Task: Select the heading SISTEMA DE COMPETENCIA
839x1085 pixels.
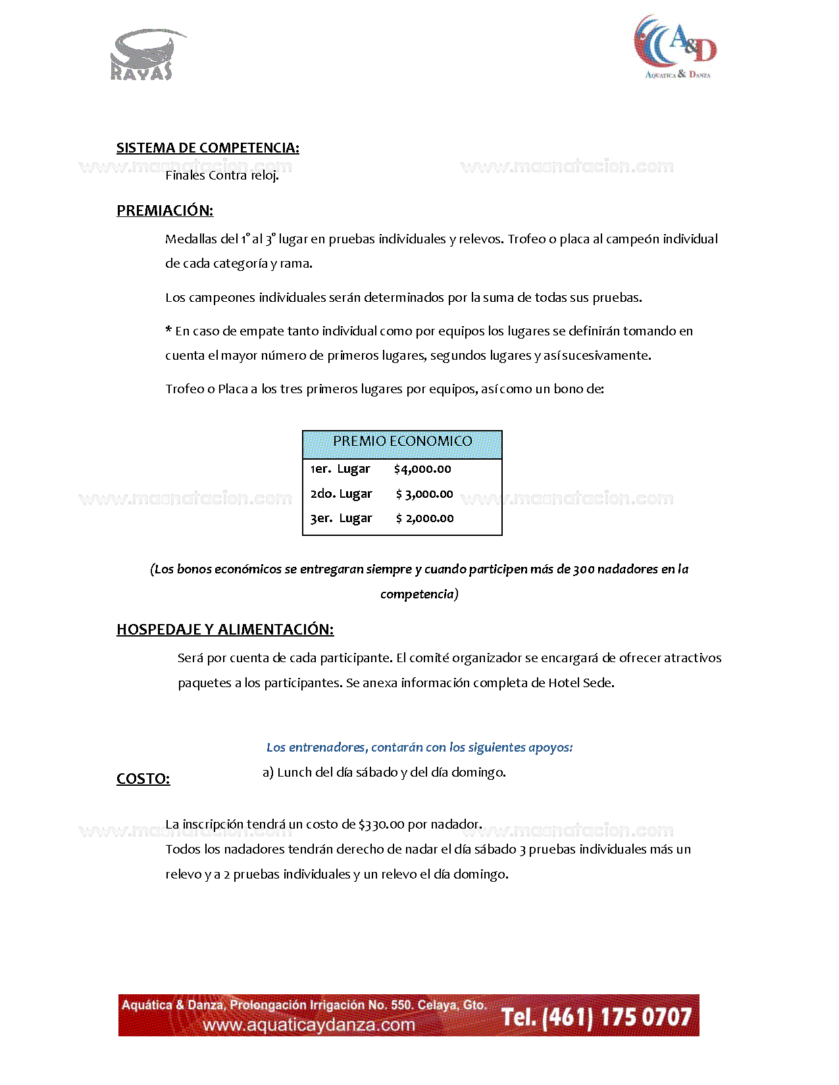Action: coord(207,148)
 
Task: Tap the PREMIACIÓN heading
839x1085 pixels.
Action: coord(165,210)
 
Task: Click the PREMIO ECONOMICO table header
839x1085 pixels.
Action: coord(402,441)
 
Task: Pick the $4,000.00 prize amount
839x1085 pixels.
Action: coord(422,470)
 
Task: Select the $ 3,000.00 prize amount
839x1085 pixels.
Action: coord(424,494)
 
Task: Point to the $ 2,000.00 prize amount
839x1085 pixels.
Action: coord(424,519)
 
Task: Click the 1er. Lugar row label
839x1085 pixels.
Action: coord(340,470)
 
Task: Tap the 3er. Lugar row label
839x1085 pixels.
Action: coord(341,519)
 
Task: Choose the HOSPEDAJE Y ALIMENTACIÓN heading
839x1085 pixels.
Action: coord(225,629)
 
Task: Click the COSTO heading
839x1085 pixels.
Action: coord(143,779)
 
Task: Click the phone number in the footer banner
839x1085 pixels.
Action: coord(596,1017)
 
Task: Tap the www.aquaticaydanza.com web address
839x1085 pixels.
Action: coord(309,1025)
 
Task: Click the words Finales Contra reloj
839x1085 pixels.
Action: coord(222,176)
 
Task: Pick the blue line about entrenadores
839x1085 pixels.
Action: coord(419,748)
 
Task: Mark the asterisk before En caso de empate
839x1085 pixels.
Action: coord(169,330)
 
